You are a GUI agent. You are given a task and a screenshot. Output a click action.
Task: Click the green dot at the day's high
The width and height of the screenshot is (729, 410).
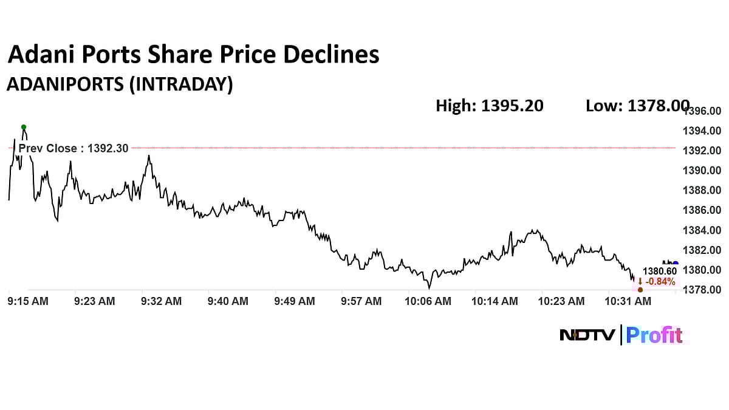click(x=24, y=127)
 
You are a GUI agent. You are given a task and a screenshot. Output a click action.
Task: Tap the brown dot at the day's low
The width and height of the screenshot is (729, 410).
click(x=640, y=290)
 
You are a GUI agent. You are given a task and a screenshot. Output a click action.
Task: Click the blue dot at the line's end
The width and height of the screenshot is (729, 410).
click(x=675, y=264)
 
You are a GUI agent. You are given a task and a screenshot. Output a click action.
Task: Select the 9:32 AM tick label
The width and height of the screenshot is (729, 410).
click(x=161, y=301)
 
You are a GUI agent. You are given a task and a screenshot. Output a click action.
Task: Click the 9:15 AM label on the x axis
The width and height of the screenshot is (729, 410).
click(x=27, y=301)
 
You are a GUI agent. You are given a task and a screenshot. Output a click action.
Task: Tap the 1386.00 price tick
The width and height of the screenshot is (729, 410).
click(x=702, y=210)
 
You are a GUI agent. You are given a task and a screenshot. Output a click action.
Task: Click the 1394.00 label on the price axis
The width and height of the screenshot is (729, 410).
click(x=702, y=131)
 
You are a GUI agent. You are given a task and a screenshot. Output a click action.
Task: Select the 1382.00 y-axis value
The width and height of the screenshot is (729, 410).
click(x=702, y=250)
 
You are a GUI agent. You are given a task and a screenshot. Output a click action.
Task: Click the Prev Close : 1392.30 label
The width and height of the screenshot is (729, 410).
click(x=74, y=148)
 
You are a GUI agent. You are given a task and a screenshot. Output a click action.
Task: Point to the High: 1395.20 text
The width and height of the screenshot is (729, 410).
click(x=490, y=106)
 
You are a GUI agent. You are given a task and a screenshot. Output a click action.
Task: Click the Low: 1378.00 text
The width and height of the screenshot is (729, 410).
click(x=637, y=106)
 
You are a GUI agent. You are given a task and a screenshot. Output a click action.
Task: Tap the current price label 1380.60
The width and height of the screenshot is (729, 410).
click(x=660, y=272)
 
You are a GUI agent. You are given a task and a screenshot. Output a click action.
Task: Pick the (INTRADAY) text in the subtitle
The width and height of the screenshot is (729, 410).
click(x=180, y=84)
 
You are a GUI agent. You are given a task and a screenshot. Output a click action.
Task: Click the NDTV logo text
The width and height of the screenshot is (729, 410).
click(x=587, y=335)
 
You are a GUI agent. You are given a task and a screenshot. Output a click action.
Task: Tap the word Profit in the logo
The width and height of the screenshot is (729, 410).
click(x=654, y=335)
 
